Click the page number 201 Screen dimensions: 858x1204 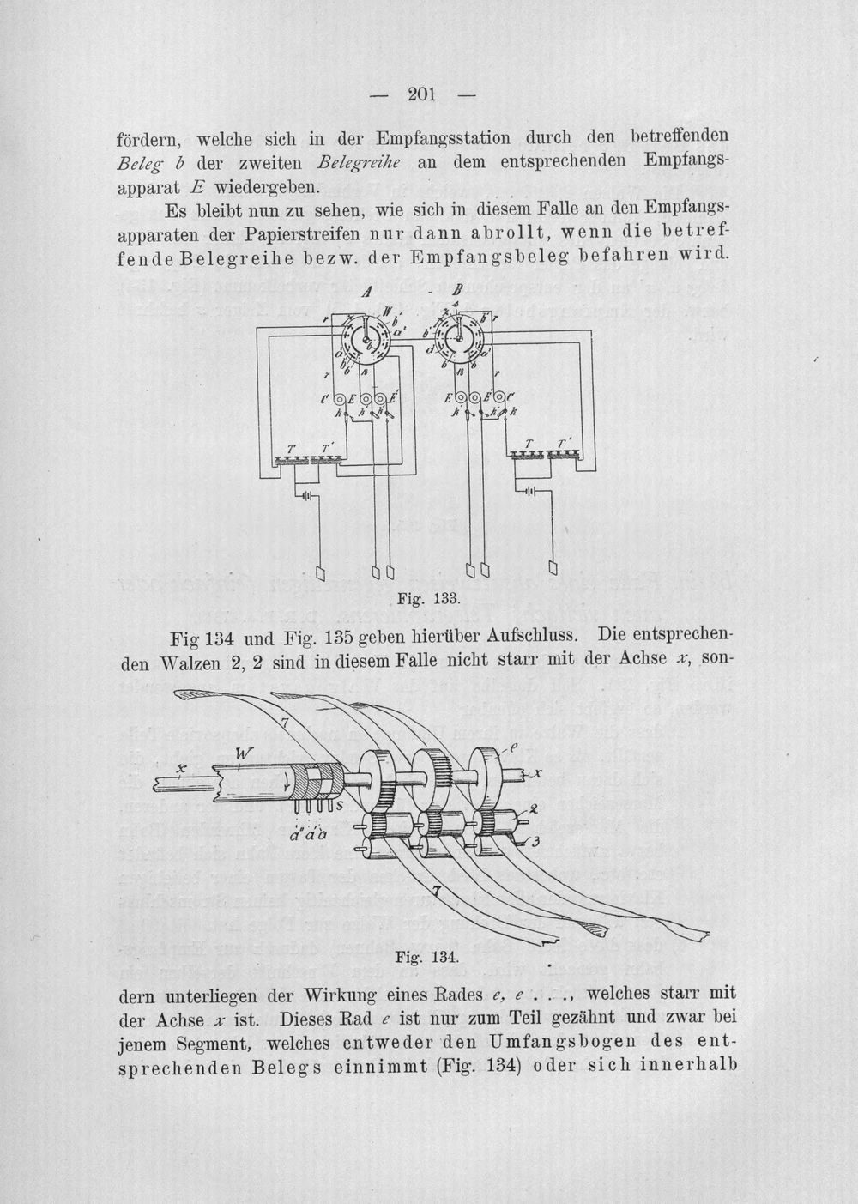[422, 94]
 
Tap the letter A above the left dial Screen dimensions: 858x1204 [368, 292]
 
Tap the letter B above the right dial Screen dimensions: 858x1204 [458, 291]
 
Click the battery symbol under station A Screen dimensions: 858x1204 [305, 495]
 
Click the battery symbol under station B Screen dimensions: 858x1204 [530, 490]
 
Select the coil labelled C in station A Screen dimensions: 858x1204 [341, 400]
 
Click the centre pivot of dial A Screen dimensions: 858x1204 [366, 339]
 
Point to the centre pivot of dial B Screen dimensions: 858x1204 [460, 338]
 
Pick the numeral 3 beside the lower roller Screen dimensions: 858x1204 [535, 841]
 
